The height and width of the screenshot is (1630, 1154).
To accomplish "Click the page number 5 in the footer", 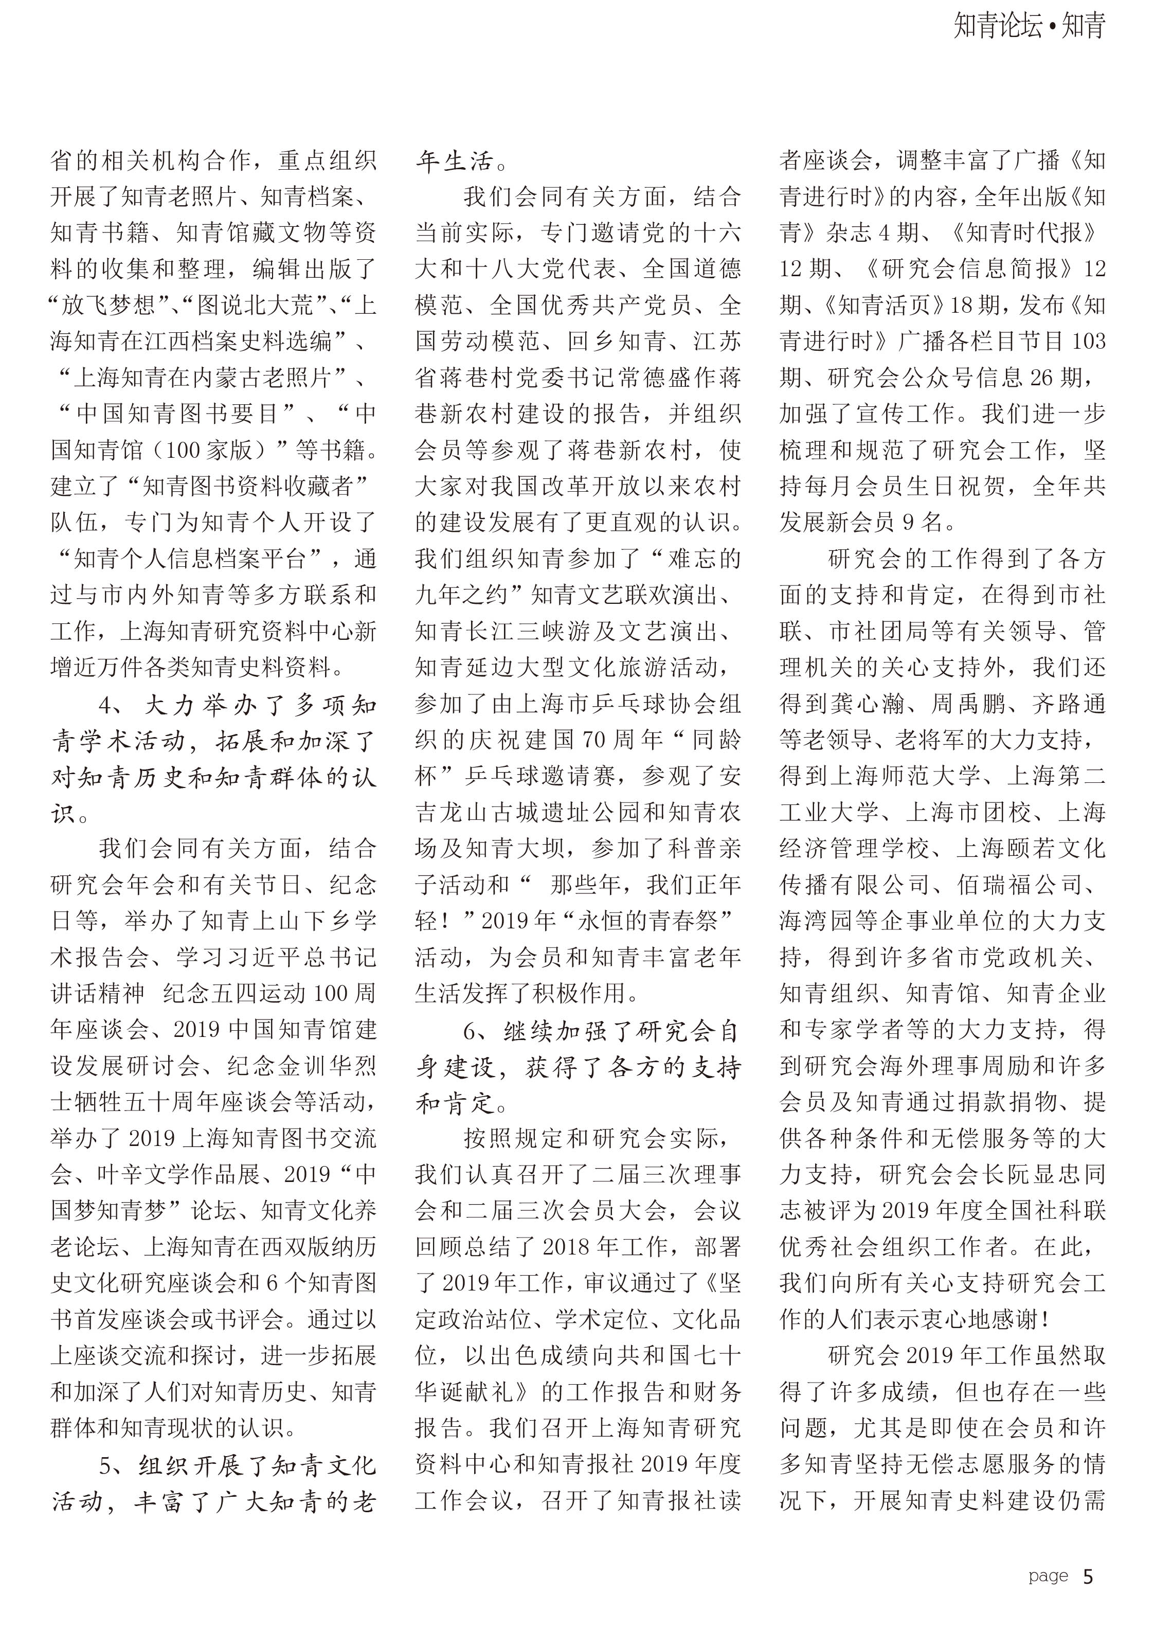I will tap(1088, 1577).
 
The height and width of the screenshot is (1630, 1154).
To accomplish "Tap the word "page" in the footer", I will tap(1048, 1577).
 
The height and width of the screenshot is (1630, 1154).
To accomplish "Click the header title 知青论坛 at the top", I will tap(997, 26).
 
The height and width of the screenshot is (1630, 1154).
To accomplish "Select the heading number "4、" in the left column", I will tap(114, 706).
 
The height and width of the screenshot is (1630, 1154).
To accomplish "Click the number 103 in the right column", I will tap(1089, 342).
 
